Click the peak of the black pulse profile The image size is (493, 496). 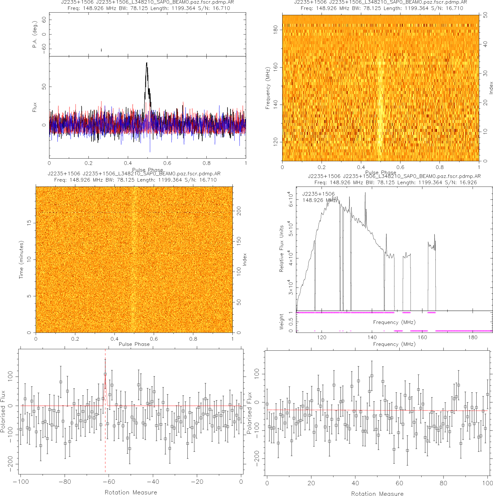pos(147,63)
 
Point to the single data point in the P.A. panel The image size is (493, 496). pos(101,50)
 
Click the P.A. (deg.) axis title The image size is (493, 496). pos(35,34)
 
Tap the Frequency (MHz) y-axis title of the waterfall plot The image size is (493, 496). pos(268,88)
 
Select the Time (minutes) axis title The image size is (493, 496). pos(21,260)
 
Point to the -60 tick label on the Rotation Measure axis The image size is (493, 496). pos(109,482)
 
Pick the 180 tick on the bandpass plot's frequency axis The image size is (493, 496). pos(473,337)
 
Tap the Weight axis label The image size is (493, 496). pos(281,321)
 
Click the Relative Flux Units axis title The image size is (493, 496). pos(281,249)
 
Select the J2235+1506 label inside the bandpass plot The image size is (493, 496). pos(318,194)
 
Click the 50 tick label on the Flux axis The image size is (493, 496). pos(44,87)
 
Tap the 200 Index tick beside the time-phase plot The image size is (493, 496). pos(239,211)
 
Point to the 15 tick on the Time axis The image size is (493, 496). pos(29,223)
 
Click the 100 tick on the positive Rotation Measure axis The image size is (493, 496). pos(487,483)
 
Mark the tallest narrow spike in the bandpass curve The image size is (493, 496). pos(365,193)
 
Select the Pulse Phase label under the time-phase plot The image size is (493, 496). pos(134,344)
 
